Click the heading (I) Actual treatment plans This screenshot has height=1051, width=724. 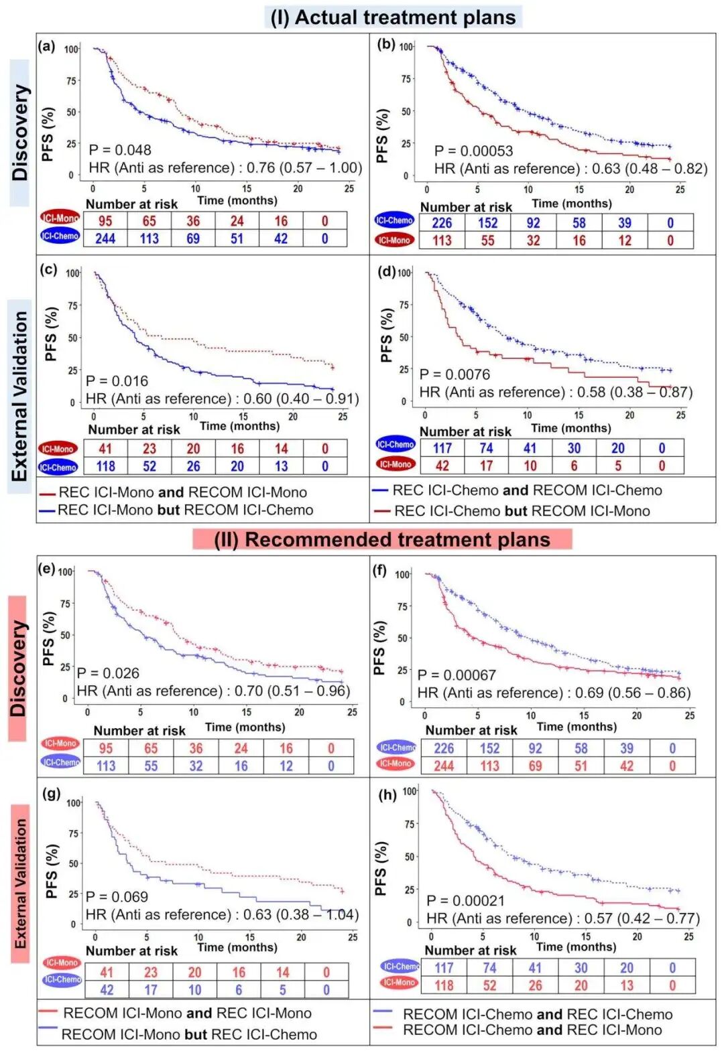click(393, 17)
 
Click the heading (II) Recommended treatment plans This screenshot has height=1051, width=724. click(382, 539)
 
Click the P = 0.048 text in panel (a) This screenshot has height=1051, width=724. click(120, 150)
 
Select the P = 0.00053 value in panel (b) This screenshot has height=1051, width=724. click(473, 151)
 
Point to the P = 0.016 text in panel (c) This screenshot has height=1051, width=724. click(117, 381)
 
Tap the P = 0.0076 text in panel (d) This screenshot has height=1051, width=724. click(455, 374)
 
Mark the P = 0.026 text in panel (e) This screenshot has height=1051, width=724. click(108, 673)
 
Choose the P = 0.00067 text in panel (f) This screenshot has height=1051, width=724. click(457, 675)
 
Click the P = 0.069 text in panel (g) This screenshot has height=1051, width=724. click(117, 897)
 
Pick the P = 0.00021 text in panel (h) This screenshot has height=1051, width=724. click(465, 901)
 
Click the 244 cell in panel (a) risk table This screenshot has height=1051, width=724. click(105, 238)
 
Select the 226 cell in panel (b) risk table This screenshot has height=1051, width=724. click(442, 223)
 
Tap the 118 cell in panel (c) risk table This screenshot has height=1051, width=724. click(105, 466)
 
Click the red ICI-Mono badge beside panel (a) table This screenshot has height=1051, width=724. click(60, 218)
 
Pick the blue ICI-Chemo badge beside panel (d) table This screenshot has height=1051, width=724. click(396, 444)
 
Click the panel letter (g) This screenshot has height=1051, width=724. click(52, 793)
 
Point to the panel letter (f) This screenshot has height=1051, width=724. click(379, 570)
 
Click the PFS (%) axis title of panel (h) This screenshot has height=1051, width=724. click(381, 869)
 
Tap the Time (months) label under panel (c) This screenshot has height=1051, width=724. click(239, 426)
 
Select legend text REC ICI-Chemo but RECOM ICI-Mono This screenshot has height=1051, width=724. click(522, 511)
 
